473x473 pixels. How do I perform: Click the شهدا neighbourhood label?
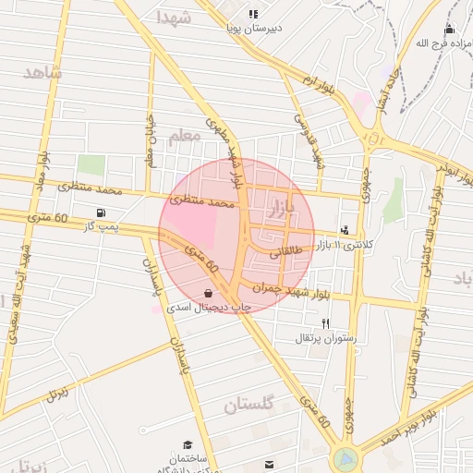[174, 17]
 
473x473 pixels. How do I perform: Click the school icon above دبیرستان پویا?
[253, 15]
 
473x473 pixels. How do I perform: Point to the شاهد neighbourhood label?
[42, 72]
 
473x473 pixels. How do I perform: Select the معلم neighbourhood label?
[185, 136]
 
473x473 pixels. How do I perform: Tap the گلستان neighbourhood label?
[249, 405]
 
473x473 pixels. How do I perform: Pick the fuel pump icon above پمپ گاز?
[100, 212]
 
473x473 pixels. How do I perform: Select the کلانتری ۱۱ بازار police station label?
[346, 245]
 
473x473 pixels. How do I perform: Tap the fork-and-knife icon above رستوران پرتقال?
[325, 323]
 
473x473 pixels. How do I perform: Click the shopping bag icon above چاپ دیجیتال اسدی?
[208, 294]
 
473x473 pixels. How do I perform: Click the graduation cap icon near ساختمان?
[188, 444]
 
